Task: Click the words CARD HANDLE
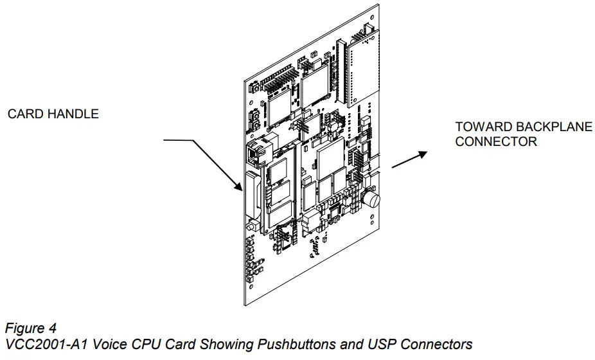click(x=53, y=114)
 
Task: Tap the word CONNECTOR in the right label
click(x=495, y=142)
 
